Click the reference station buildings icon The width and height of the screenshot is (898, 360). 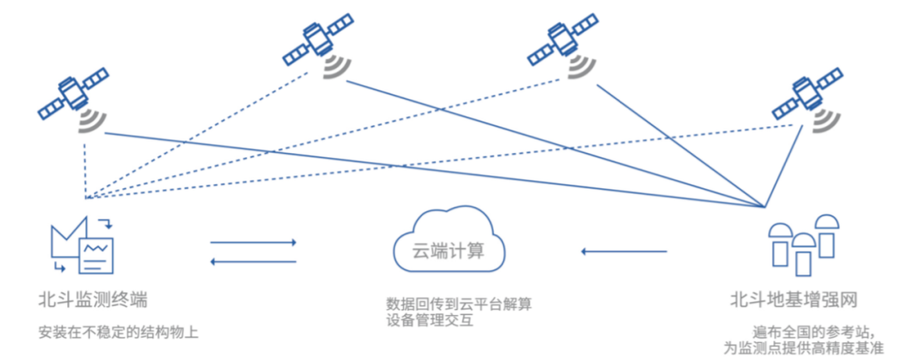tap(801, 244)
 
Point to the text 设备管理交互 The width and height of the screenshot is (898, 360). tap(429, 319)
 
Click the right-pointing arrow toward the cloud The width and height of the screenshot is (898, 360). tap(253, 243)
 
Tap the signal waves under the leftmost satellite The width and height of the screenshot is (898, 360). tap(91, 122)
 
